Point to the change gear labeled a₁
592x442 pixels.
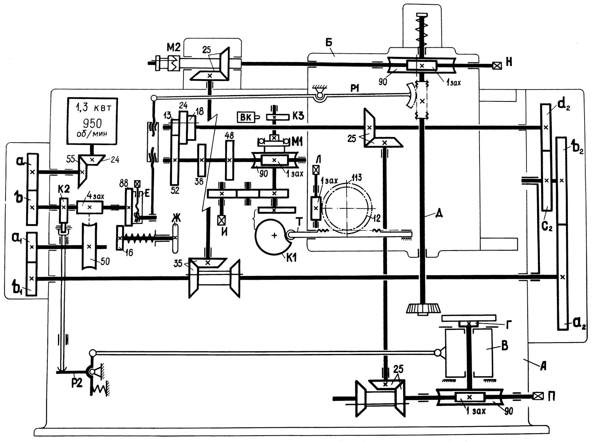[32, 247]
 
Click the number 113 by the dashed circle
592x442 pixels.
[357, 178]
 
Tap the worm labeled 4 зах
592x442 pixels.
[89, 207]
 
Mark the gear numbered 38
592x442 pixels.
[202, 160]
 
